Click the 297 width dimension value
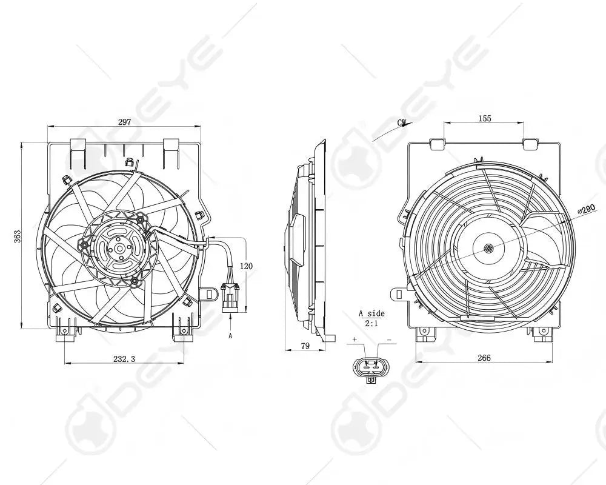pos(124,122)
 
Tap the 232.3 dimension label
pos(124,358)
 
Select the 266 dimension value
pos(484,358)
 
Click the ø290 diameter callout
pos(586,209)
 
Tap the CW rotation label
pos(401,123)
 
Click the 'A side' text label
pos(371,313)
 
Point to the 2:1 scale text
pos(371,324)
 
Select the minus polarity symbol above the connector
pos(388,341)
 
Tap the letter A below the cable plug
pos(230,334)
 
